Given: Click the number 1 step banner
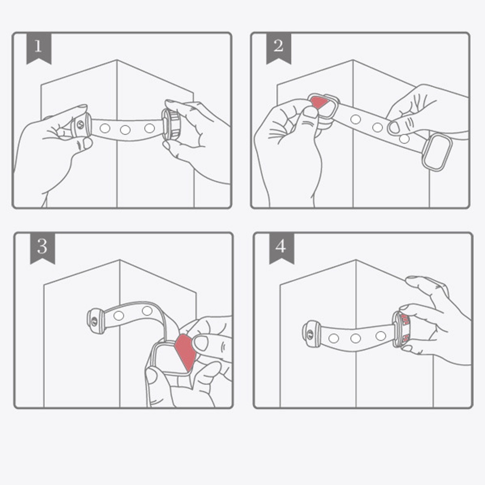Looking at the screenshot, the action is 39,48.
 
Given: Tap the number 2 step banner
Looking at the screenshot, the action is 278,48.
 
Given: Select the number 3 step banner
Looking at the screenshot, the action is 42,248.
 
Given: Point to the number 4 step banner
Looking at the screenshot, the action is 281,248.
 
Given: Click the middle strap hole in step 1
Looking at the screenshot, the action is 125,129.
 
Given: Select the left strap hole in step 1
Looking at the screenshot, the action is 105,128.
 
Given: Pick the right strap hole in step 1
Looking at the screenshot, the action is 150,128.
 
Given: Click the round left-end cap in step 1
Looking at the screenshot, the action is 81,125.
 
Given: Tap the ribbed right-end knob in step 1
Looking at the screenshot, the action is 171,125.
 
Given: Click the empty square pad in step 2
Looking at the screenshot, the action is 437,152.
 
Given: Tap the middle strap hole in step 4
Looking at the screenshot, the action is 356,339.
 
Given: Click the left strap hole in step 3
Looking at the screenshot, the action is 119,316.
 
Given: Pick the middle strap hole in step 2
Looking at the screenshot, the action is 377,127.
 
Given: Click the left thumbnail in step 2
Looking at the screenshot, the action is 310,112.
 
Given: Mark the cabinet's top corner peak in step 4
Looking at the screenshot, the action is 356,260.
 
